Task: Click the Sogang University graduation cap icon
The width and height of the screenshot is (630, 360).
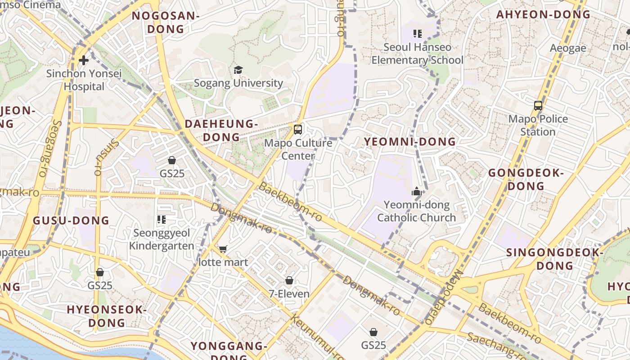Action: (x=238, y=70)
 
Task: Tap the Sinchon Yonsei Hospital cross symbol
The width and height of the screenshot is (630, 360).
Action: (x=83, y=60)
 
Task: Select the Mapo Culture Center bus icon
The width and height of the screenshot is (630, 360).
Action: (x=297, y=130)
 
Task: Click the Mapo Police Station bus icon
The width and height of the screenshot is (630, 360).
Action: (x=538, y=106)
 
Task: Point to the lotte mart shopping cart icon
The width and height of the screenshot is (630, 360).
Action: (x=223, y=249)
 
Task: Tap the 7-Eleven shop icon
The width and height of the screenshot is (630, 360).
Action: (x=289, y=280)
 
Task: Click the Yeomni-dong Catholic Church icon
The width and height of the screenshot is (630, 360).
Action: (x=416, y=191)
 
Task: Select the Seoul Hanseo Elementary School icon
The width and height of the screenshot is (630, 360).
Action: (x=417, y=34)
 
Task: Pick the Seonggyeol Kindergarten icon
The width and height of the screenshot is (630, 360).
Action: (x=162, y=220)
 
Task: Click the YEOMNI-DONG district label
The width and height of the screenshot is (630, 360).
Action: (x=409, y=142)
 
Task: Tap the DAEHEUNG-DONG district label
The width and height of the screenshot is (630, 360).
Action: (x=221, y=130)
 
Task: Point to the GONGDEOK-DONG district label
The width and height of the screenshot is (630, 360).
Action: (x=526, y=179)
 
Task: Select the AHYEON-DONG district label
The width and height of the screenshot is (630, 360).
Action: (x=543, y=14)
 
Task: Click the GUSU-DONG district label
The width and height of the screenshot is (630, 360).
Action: (x=71, y=220)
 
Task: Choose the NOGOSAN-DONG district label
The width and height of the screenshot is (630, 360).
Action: (x=165, y=22)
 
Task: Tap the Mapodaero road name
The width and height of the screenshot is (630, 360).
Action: (x=443, y=297)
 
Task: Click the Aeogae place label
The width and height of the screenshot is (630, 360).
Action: (x=568, y=48)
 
